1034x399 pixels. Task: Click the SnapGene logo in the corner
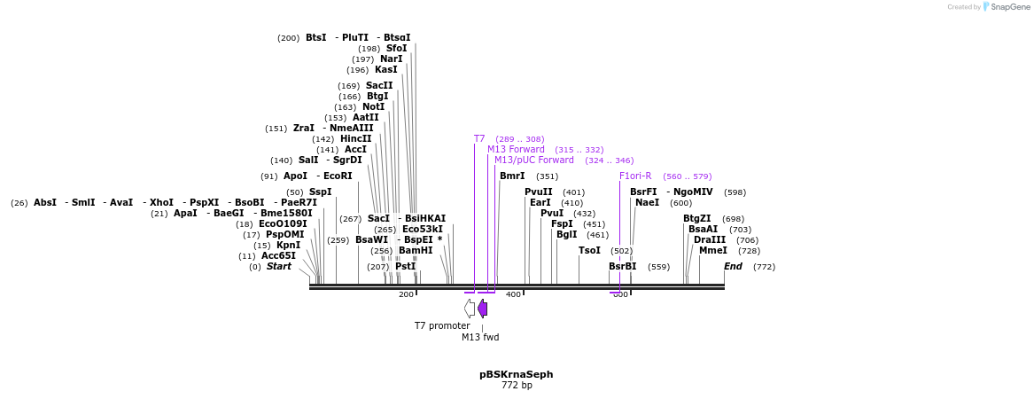[1007, 7]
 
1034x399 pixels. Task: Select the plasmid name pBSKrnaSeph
[516, 374]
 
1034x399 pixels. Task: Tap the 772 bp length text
[516, 386]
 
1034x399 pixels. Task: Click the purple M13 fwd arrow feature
[483, 309]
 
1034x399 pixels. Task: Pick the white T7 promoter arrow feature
[470, 309]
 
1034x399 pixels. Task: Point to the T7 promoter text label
[442, 325]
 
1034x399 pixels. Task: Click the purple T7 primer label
[479, 139]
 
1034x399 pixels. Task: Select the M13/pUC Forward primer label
[534, 160]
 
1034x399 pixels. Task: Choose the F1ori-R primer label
[635, 176]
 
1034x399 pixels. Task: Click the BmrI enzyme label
[512, 176]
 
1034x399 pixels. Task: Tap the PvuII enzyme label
[538, 192]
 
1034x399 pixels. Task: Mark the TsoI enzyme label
[589, 251]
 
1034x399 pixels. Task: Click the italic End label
[733, 266]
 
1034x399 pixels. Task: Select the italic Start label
[278, 266]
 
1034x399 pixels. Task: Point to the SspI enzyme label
[321, 192]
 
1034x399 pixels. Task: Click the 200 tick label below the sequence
[406, 294]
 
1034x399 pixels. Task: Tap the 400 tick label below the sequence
[513, 294]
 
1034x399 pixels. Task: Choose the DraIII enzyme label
[710, 239]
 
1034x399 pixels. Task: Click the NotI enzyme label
[374, 107]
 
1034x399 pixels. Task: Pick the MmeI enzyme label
[712, 251]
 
